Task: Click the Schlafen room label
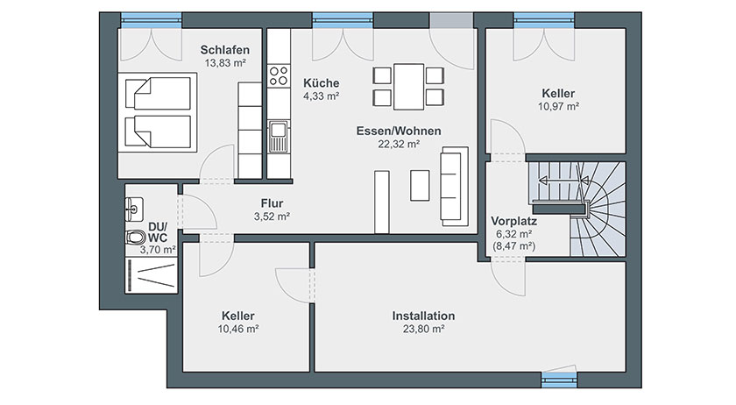coord(225,50)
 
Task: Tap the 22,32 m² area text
coord(399,145)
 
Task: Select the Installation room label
coord(423,316)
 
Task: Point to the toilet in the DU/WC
coord(135,238)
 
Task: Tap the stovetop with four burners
coord(279,75)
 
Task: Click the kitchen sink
coord(278,136)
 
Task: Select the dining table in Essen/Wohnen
coord(409,87)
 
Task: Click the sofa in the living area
coord(454,186)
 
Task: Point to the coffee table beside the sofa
coord(420,186)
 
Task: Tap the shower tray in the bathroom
coord(151,275)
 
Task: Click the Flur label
coord(272,203)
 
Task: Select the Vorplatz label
coord(514,221)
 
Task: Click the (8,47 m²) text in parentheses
coord(514,245)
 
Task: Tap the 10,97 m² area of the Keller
coord(558,107)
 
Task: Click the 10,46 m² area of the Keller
coord(238,329)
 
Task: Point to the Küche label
coord(321,83)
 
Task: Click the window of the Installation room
coord(559,379)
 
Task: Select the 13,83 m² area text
coord(225,63)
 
